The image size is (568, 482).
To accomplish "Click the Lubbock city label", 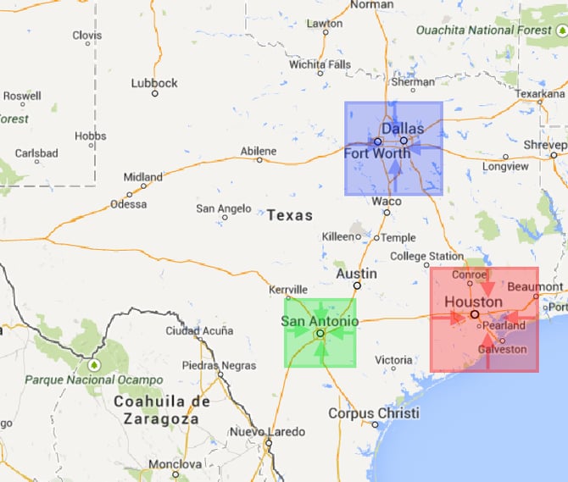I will click(154, 83).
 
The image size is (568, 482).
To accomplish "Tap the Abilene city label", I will click(258, 151).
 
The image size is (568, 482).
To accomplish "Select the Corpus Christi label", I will click(374, 413).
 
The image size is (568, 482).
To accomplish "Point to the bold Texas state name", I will click(290, 215).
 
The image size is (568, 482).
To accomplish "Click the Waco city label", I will click(387, 202).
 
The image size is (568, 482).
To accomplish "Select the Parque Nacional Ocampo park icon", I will click(94, 366).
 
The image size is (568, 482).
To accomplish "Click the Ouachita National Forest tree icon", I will click(560, 30).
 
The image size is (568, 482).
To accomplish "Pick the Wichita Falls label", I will click(320, 64).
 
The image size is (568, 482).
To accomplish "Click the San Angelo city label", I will click(223, 208).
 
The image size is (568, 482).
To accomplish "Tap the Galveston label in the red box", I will click(502, 349).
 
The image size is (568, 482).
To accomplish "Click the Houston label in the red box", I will click(473, 302).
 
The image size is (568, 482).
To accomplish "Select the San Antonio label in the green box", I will click(320, 321).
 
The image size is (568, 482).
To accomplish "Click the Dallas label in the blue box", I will click(402, 128).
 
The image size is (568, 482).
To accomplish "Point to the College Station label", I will click(426, 256).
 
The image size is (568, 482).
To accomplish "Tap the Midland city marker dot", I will click(142, 186).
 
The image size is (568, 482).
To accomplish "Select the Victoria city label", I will click(394, 360).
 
